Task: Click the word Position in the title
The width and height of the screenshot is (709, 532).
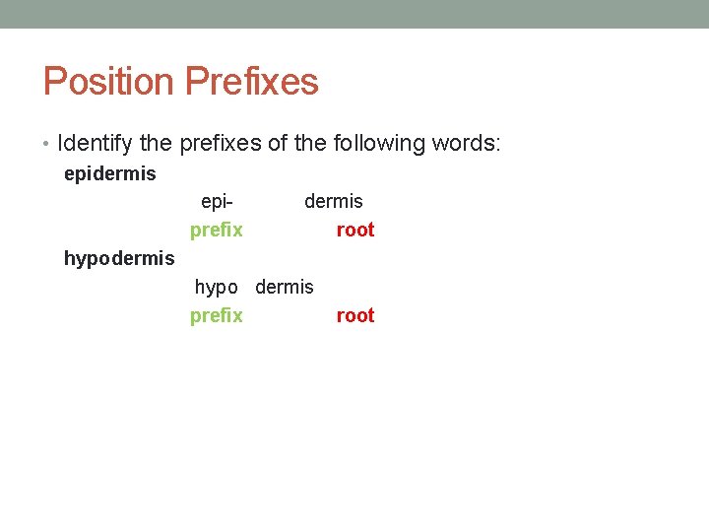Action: tap(108, 82)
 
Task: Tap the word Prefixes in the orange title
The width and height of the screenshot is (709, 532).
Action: tap(251, 82)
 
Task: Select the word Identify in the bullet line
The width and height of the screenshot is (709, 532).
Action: tap(96, 144)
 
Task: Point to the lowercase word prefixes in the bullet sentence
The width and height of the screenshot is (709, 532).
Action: tap(221, 144)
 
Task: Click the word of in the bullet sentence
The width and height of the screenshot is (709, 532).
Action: tap(278, 144)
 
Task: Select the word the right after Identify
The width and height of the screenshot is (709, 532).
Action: tap(156, 144)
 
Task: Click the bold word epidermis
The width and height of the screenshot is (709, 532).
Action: tap(109, 174)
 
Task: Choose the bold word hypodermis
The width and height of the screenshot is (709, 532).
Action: tap(118, 259)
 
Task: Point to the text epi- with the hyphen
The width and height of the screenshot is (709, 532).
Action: tap(217, 202)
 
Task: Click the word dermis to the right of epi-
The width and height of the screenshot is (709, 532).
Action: tap(333, 202)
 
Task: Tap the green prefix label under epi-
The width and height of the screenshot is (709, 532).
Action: tap(216, 231)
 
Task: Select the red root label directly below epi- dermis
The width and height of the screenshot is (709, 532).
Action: tap(355, 231)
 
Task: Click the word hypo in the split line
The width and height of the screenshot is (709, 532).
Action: tap(216, 288)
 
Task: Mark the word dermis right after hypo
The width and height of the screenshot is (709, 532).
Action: tap(284, 288)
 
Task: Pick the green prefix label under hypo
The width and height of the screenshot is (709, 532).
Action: tap(216, 316)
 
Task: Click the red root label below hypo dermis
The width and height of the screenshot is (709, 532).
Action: tap(355, 316)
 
